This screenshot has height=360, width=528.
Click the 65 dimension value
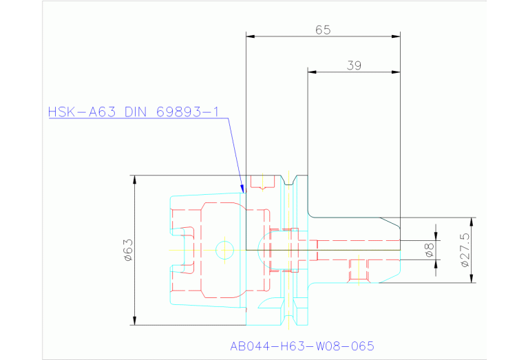click(323, 30)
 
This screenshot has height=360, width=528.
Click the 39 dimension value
click(354, 65)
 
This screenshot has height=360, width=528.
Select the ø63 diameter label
click(129, 251)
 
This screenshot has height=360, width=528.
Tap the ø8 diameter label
click(430, 251)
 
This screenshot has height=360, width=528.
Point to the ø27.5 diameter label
click(465, 251)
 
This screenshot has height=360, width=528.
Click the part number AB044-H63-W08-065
click(302, 346)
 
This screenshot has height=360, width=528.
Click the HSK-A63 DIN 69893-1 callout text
click(134, 112)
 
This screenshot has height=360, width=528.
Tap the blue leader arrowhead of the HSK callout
click(242, 189)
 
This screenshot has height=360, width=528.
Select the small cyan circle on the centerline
click(224, 251)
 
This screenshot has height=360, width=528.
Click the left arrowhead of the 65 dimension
click(251, 36)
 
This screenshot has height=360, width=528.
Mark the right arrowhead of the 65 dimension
click(396, 36)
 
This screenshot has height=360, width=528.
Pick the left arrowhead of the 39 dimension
click(312, 72)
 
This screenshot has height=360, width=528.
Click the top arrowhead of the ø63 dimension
click(135, 180)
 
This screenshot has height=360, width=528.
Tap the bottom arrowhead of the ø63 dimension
click(135, 321)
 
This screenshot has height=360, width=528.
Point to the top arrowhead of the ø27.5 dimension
click(472, 222)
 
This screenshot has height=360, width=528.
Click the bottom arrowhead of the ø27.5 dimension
click(472, 278)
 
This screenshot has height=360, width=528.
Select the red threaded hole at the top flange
click(263, 182)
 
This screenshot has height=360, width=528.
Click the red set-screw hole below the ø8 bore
click(359, 270)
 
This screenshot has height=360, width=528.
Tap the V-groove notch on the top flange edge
click(289, 180)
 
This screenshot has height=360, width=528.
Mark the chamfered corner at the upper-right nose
click(390, 223)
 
